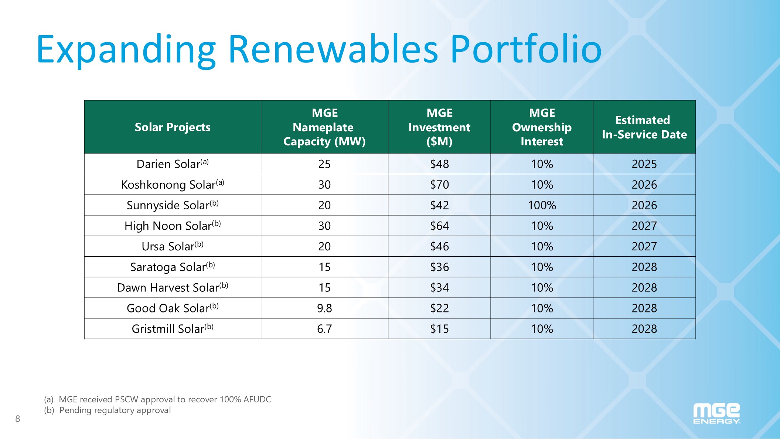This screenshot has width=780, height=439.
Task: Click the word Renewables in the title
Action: (333, 49)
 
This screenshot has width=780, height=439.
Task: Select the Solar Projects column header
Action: (173, 127)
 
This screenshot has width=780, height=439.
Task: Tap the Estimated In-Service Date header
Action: (644, 127)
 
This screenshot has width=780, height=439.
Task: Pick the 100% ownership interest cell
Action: (542, 205)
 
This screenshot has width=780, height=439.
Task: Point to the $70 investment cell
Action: (439, 185)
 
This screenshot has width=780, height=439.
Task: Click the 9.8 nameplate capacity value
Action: (324, 308)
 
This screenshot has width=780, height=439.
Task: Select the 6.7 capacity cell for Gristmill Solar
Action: (324, 329)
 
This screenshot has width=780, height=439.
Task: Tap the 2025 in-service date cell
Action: (644, 164)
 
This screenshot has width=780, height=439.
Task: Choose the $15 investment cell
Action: (439, 329)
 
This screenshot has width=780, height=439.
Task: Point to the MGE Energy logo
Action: (716, 413)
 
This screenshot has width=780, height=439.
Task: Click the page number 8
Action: (18, 419)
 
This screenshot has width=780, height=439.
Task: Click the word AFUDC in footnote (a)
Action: (257, 399)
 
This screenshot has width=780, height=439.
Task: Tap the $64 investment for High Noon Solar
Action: (439, 226)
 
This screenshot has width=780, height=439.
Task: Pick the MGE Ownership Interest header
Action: (542, 127)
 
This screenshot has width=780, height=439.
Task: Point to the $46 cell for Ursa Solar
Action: (439, 246)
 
